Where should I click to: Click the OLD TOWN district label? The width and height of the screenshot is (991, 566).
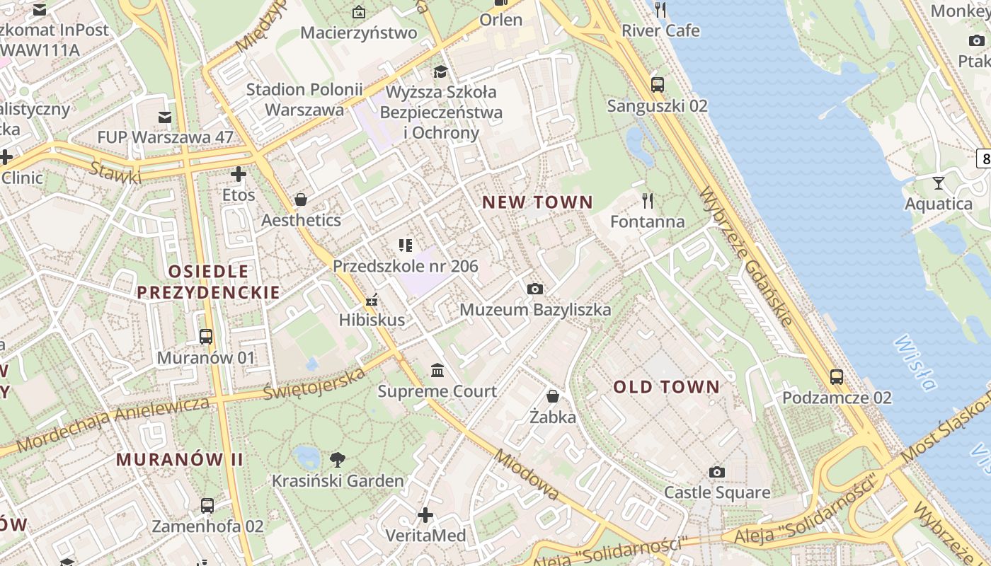[x=666, y=387]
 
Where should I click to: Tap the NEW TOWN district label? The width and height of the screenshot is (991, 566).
[x=537, y=202]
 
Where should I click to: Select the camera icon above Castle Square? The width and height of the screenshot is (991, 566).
[x=717, y=472]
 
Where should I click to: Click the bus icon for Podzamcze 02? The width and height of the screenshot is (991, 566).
[x=837, y=376]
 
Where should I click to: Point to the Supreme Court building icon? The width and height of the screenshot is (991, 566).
[x=437, y=370]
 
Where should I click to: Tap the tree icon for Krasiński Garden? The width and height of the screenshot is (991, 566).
[x=338, y=459]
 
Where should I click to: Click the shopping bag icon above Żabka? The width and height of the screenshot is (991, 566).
[x=553, y=396]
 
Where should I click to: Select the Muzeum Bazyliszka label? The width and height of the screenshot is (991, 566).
[x=535, y=310]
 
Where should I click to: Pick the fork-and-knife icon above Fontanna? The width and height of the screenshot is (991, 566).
[x=647, y=201]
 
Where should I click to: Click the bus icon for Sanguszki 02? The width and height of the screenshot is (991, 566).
[x=658, y=85]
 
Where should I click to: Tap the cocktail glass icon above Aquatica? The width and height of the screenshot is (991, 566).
[x=939, y=183]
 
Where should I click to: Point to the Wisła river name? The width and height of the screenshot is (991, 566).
[x=915, y=362]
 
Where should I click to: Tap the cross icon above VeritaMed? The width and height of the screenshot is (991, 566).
[x=425, y=514]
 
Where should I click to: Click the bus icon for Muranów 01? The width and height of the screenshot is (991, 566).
[x=206, y=337]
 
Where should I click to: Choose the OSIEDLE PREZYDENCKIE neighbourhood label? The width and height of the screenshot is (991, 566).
[x=208, y=282]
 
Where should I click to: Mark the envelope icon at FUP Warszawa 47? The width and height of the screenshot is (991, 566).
[x=165, y=117]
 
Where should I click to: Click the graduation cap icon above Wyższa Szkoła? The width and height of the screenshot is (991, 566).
[x=440, y=71]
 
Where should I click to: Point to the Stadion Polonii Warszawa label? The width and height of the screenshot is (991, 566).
[x=304, y=100]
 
